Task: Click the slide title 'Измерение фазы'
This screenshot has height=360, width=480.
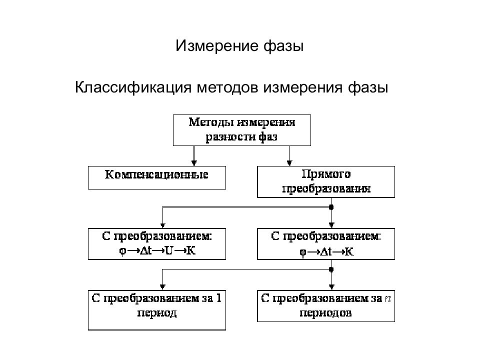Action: [x=239, y=46]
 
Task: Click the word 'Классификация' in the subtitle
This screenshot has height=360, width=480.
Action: [x=133, y=87]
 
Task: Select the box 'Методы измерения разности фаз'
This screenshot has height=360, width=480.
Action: [x=242, y=130]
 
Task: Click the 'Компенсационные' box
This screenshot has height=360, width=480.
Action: [x=156, y=177]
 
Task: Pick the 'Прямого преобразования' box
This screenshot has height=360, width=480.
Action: [x=326, y=182]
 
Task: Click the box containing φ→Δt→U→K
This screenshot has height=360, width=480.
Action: [x=156, y=244]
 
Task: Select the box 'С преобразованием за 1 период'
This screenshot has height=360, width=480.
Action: [x=156, y=310]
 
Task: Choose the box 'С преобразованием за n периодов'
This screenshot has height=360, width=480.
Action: [x=326, y=306]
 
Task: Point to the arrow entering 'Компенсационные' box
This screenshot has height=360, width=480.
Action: [x=194, y=156]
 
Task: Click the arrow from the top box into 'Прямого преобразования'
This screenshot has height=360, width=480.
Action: [x=289, y=156]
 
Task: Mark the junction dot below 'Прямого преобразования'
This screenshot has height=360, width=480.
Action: [x=331, y=207]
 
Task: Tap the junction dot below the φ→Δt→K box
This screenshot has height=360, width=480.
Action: [x=331, y=269]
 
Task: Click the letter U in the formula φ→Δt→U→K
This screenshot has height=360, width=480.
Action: [x=169, y=250]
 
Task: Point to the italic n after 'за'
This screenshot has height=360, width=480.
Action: [x=388, y=298]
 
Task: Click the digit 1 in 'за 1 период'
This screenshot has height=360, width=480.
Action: [x=218, y=298]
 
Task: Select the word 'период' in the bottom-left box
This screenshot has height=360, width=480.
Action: [x=156, y=313]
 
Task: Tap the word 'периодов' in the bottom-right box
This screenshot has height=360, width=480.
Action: [x=325, y=313]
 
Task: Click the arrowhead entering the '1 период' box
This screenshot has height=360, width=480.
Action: [x=162, y=287]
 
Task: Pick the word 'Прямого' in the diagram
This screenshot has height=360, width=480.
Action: [x=326, y=174]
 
